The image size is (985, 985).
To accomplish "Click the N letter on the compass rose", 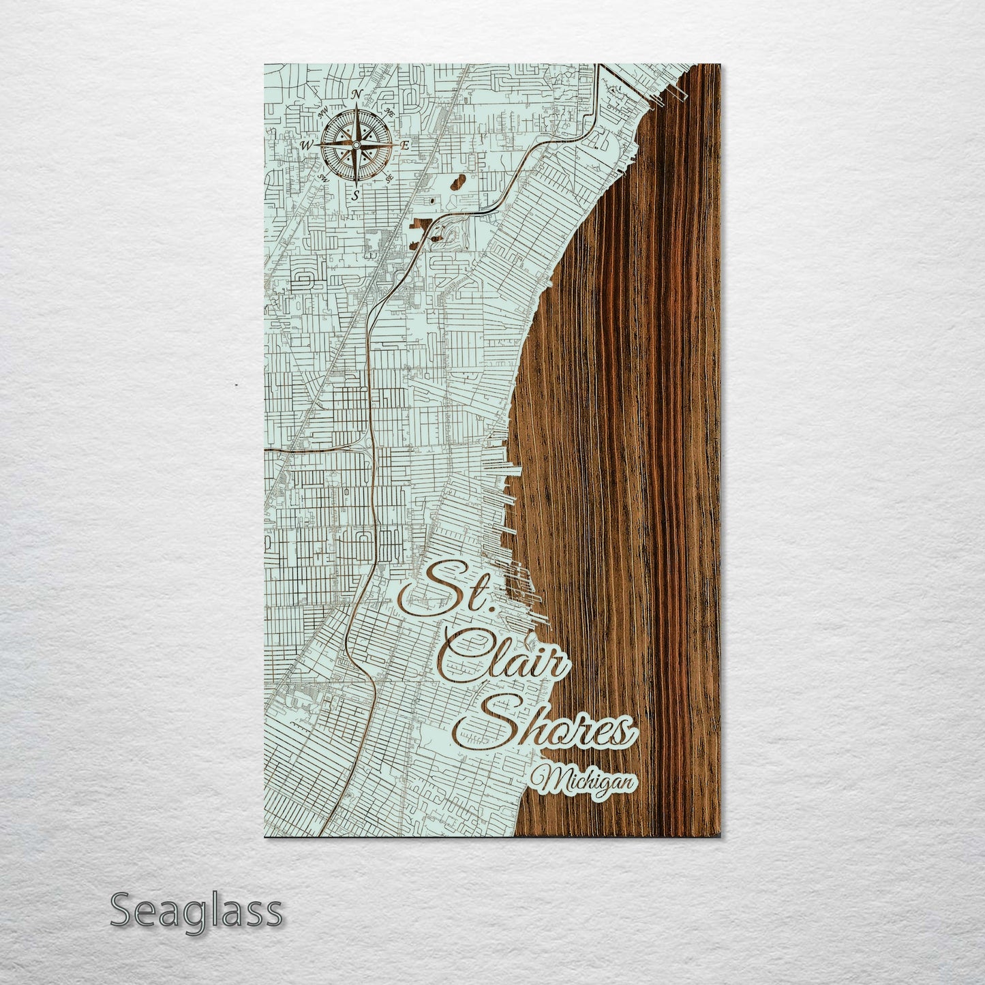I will pos(356,95).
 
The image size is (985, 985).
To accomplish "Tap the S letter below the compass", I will pos(354,194).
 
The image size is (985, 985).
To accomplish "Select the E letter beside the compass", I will pos(405,145).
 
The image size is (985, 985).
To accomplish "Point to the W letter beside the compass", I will pos(306,145).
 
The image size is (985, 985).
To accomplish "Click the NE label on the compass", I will pos(390,112).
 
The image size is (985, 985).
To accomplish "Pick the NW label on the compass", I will pos(322,111).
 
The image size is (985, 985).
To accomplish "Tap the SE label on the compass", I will pos(390,178).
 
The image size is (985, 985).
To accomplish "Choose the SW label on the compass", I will pos(322,178).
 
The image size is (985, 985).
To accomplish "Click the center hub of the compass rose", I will pos(356,145).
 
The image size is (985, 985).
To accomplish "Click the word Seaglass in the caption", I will pos(196,911).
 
